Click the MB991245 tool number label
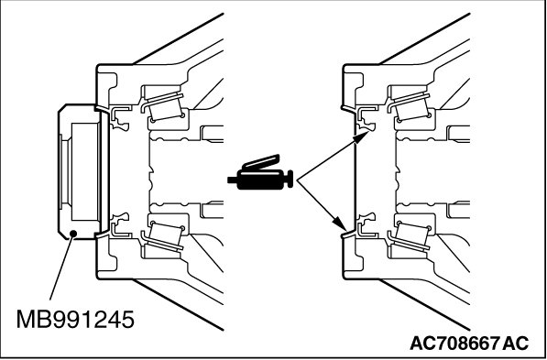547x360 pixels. [x=75, y=319]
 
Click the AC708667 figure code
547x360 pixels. [x=454, y=343]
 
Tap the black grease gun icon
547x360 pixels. [x=260, y=172]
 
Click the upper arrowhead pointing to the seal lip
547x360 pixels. [x=361, y=136]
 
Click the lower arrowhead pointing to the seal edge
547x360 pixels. [x=340, y=224]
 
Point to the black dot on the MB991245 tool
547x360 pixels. [x=73, y=233]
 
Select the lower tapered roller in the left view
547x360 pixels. [x=166, y=235]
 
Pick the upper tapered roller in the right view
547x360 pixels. [x=412, y=108]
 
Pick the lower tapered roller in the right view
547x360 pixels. [x=412, y=235]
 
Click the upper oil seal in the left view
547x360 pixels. [x=119, y=118]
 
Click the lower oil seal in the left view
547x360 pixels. [x=119, y=224]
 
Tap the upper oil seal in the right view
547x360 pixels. [x=366, y=118]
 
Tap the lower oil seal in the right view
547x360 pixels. [x=366, y=224]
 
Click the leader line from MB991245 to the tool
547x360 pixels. [x=61, y=267]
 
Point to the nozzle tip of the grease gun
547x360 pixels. [x=231, y=180]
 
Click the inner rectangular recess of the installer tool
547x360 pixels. [x=84, y=171]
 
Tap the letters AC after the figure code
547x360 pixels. [x=515, y=343]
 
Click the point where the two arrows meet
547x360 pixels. [x=297, y=180]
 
